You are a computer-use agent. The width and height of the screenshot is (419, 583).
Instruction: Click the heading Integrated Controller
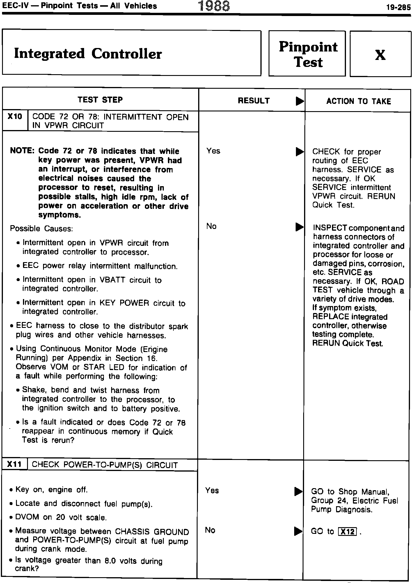click(88, 54)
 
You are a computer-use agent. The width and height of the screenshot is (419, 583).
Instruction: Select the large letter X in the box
click(380, 55)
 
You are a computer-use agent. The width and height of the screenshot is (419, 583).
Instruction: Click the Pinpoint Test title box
click(308, 54)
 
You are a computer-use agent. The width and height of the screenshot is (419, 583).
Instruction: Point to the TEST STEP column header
click(100, 100)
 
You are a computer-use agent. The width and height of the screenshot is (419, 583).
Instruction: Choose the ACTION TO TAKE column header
click(358, 101)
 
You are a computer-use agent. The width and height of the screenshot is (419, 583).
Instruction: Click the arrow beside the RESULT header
click(299, 101)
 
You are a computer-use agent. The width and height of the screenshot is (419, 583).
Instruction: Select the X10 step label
click(15, 117)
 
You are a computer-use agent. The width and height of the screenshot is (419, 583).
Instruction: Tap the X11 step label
click(15, 464)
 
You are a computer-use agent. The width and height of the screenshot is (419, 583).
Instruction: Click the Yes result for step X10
click(213, 151)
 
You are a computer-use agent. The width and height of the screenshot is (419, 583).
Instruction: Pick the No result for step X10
click(211, 226)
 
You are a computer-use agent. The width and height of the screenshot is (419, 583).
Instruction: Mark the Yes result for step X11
click(212, 490)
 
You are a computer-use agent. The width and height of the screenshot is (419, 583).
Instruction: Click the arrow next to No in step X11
click(298, 531)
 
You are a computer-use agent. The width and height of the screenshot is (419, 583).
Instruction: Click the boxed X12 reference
click(347, 532)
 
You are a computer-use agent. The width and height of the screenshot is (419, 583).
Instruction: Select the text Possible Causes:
click(41, 228)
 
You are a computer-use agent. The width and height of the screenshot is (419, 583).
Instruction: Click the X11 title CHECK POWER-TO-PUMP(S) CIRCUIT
click(104, 465)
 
